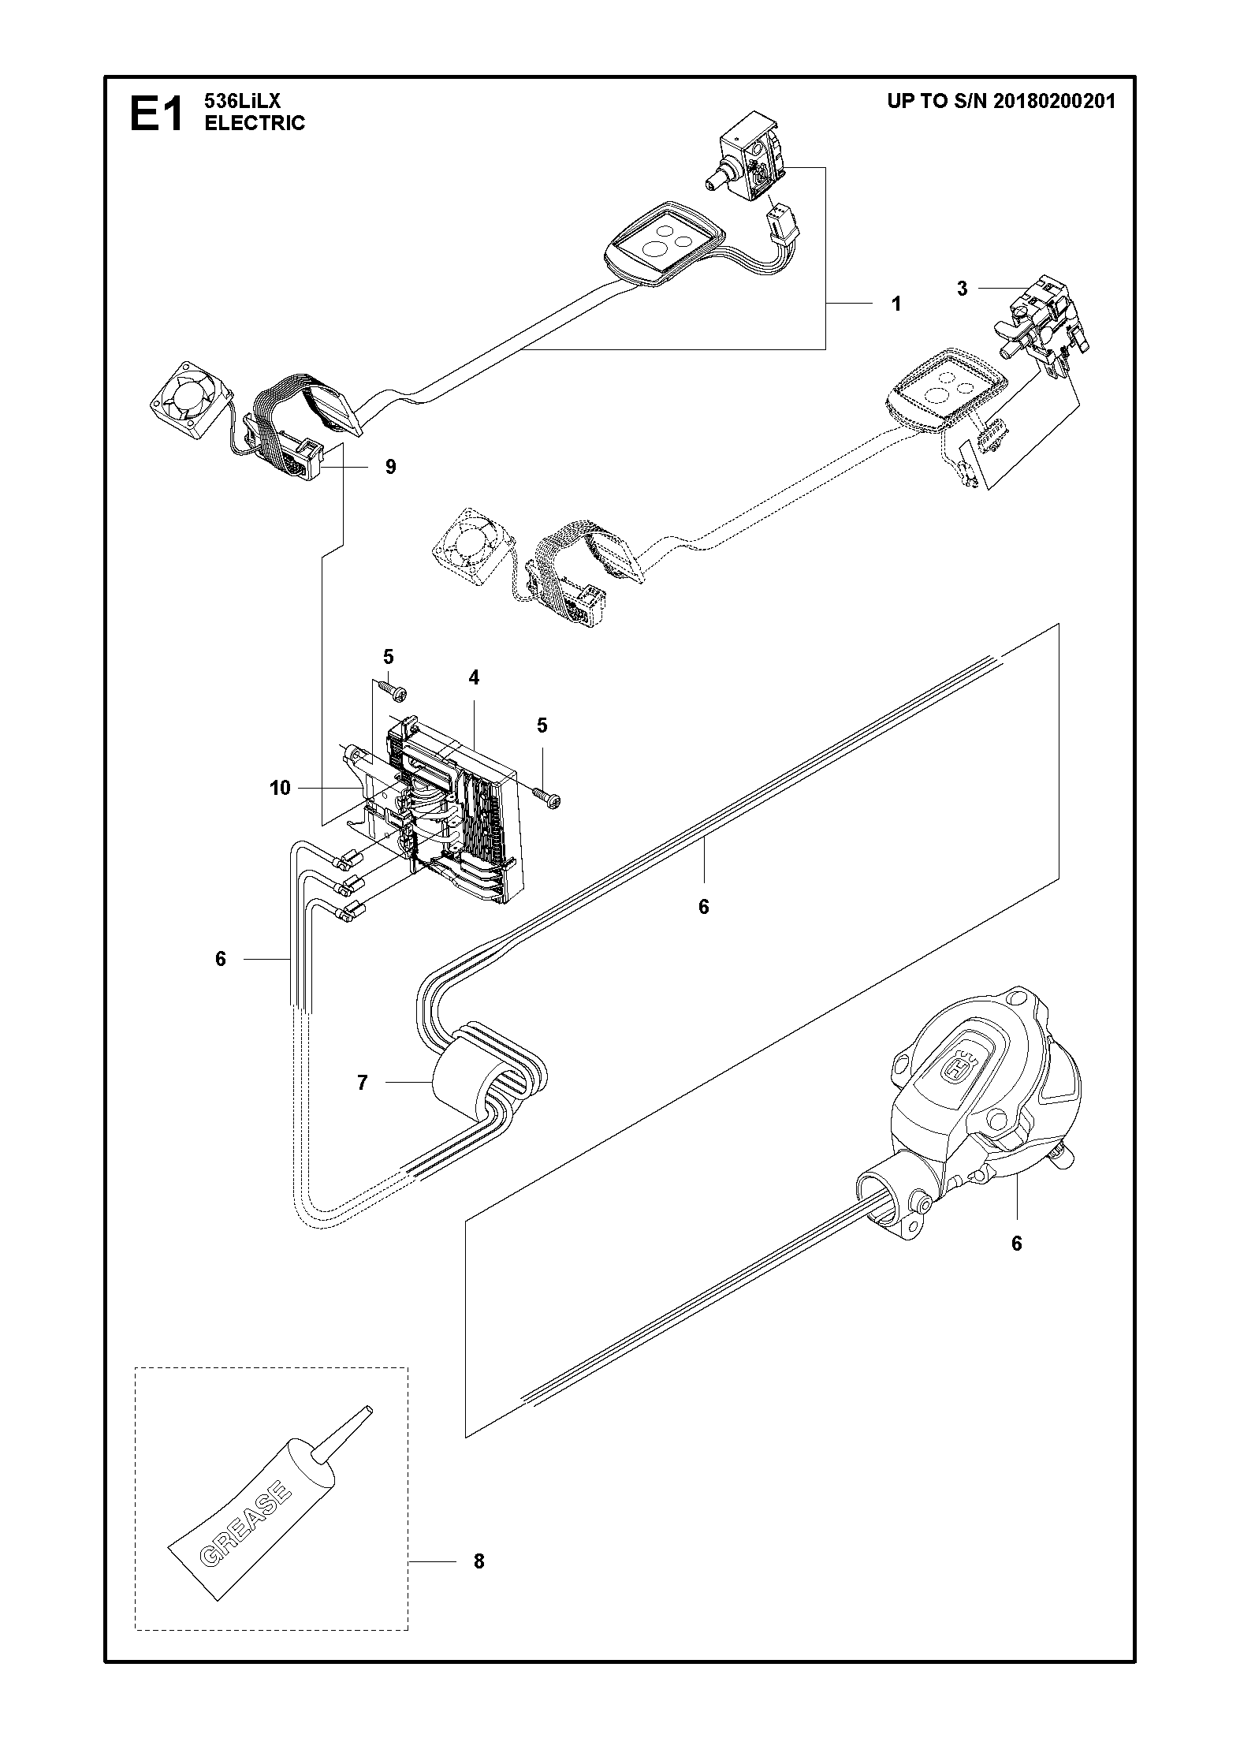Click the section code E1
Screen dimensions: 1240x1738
156,112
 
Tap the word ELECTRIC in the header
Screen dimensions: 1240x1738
255,123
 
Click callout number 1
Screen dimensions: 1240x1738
896,304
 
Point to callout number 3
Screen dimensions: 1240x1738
962,289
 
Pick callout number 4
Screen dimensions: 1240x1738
474,677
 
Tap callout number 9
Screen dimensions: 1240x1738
391,467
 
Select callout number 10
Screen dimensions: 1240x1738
280,788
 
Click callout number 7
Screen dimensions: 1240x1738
362,1083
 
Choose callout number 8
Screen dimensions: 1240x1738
478,1561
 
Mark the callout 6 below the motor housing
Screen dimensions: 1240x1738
1016,1244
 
